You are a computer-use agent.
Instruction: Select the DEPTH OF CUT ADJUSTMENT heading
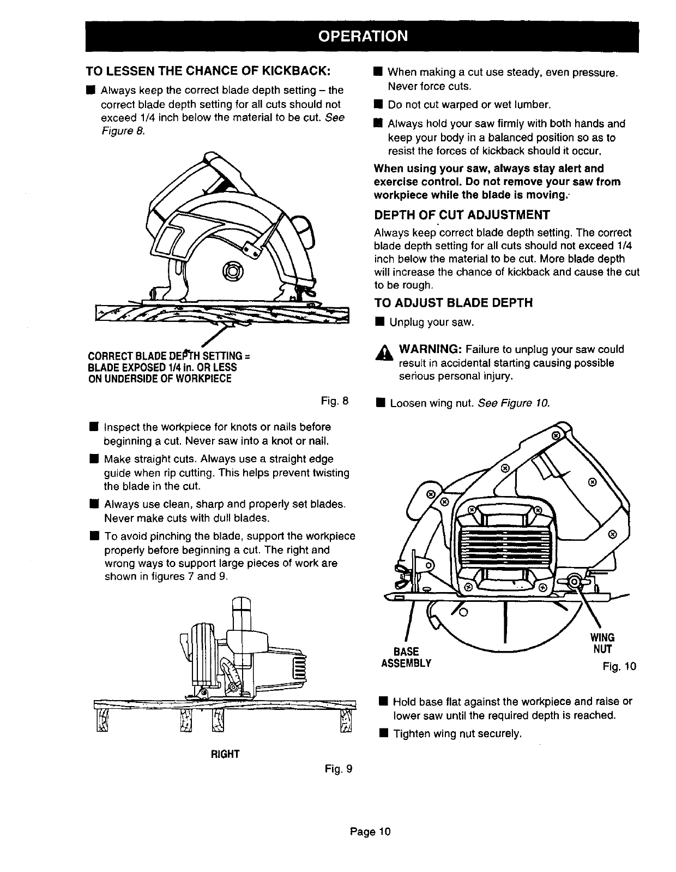462,214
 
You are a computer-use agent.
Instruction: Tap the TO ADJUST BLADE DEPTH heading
453,303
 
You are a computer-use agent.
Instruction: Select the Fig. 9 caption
338,769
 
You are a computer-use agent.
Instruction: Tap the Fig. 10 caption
620,667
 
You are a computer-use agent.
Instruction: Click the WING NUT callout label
602,643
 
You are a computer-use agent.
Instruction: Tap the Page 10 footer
370,832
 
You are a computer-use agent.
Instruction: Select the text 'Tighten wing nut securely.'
457,734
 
